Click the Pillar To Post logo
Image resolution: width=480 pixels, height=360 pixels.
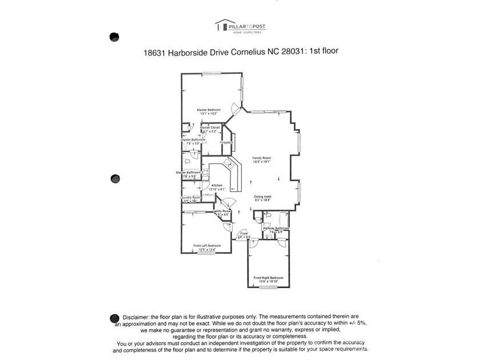click(240, 26)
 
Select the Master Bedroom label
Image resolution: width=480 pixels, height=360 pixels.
click(209, 109)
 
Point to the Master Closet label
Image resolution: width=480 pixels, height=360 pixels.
click(210, 127)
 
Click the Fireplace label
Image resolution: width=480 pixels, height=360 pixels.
click(226, 142)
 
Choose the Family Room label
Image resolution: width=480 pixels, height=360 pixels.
click(262, 158)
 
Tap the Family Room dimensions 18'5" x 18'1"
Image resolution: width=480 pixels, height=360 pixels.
click(262, 162)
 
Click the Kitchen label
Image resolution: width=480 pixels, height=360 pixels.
click(217, 185)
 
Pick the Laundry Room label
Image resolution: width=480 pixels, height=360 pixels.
click(191, 197)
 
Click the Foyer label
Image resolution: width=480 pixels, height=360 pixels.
click(244, 233)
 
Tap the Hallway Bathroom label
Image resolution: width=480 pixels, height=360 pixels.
click(276, 228)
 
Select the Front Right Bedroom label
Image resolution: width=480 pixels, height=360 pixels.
click(268, 278)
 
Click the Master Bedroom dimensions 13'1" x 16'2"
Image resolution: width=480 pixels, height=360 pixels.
click(209, 114)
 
